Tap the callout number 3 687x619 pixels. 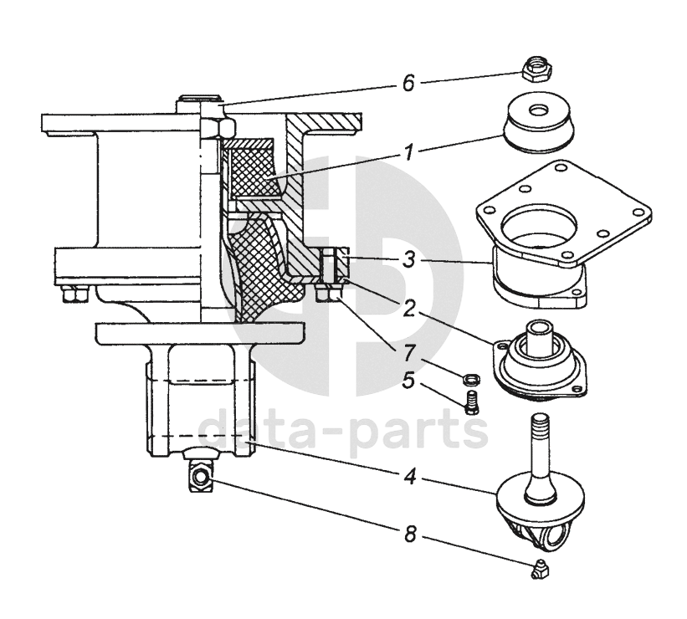pos(408,260)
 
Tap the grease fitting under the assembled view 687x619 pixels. pos(202,477)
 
